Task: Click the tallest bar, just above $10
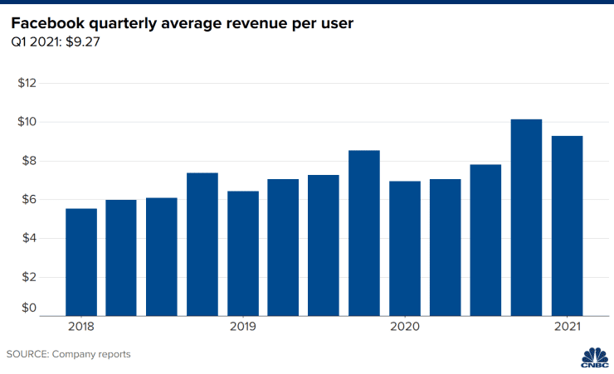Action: (x=526, y=217)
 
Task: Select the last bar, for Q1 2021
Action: (x=567, y=226)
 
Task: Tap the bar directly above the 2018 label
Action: (x=81, y=262)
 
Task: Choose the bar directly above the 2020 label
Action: (x=405, y=248)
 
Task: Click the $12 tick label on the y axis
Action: (x=29, y=83)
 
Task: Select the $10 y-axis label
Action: (x=29, y=122)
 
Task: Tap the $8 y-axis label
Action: (x=29, y=161)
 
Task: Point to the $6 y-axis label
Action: (x=29, y=200)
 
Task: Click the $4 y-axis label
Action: (x=29, y=239)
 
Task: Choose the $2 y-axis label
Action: (x=29, y=277)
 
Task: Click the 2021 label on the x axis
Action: (x=567, y=328)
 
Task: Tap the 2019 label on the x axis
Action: (x=243, y=328)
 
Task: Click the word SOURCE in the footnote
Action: (x=27, y=354)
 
